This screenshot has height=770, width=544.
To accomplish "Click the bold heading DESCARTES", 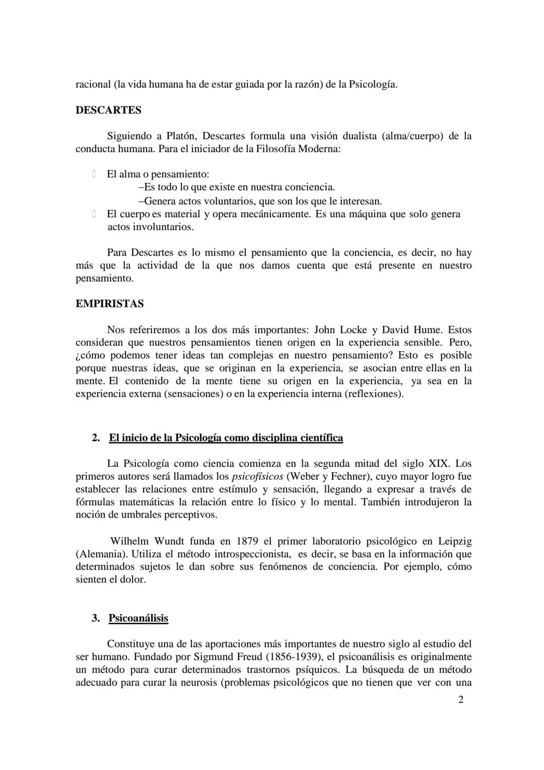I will tap(108, 110).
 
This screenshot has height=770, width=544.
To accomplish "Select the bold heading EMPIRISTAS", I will tap(109, 304).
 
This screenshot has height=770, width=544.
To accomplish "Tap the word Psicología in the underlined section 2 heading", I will tap(198, 438).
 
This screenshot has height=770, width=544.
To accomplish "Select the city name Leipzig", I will tap(455, 542).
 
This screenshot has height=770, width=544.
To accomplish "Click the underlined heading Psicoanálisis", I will tap(138, 618).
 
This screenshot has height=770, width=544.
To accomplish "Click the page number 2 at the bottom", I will tap(460, 699).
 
